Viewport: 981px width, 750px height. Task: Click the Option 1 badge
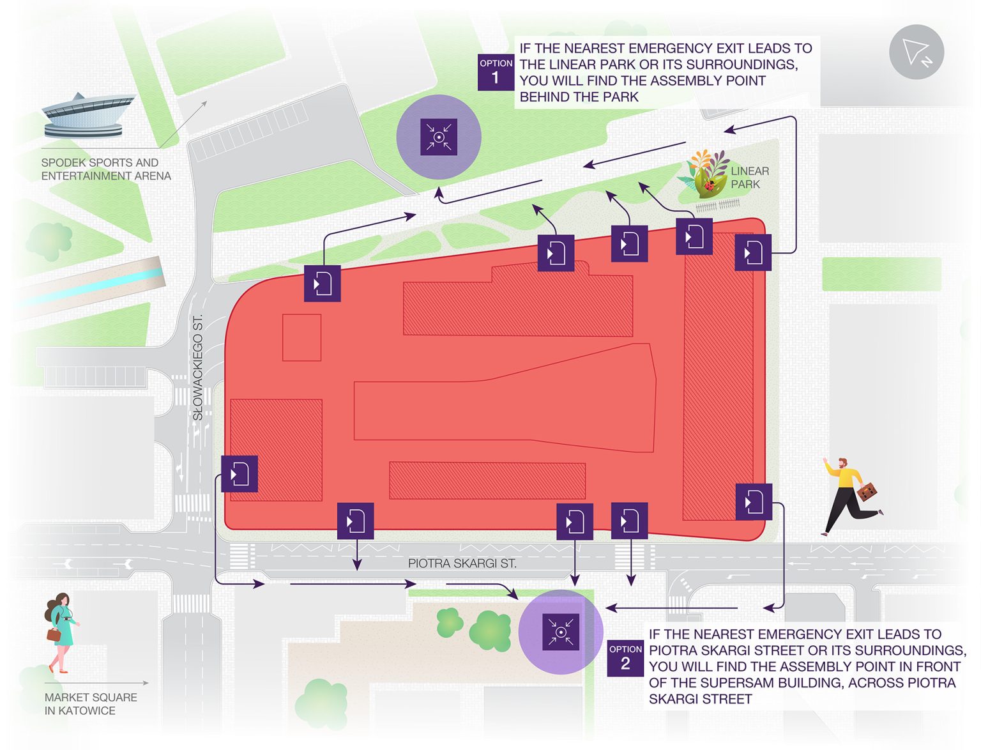click(496, 72)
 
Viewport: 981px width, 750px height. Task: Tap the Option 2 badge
click(625, 658)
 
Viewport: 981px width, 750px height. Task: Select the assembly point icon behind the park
click(439, 137)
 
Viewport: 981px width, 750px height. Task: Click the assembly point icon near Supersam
click(560, 632)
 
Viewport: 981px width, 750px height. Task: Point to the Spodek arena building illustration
click(88, 116)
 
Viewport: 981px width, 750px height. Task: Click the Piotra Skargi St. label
click(462, 563)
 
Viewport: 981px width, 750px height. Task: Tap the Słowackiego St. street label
click(198, 367)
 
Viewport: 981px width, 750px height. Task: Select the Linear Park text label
click(749, 178)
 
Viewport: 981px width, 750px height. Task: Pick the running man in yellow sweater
click(848, 494)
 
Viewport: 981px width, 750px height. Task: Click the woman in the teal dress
click(62, 630)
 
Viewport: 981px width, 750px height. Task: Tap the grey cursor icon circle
click(916, 52)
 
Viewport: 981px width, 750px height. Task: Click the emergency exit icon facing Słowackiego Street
click(240, 474)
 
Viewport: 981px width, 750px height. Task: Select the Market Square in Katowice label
click(91, 704)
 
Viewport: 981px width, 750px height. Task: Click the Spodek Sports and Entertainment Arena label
click(106, 169)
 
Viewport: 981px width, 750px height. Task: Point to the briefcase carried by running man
click(867, 492)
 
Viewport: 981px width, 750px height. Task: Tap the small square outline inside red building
click(301, 337)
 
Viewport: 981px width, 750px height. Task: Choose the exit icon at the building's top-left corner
click(322, 283)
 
